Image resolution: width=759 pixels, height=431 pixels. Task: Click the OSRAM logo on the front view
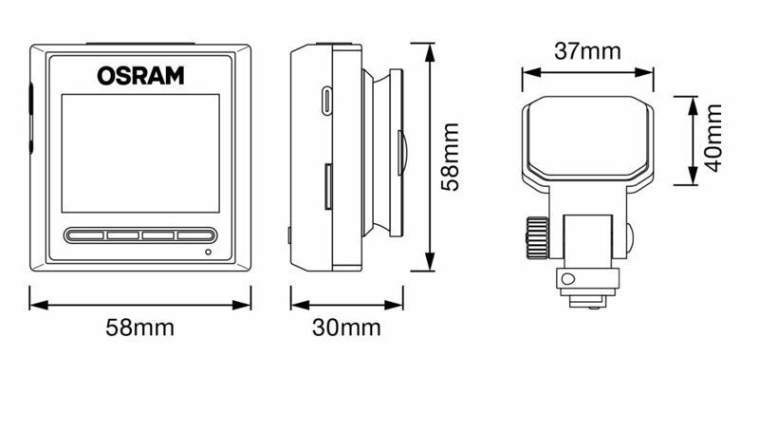tap(140, 76)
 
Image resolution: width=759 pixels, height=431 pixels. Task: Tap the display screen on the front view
tap(140, 153)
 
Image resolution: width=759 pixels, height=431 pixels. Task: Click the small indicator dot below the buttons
tap(208, 252)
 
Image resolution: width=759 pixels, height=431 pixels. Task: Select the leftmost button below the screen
tap(85, 235)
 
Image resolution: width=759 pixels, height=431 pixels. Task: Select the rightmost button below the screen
tap(195, 235)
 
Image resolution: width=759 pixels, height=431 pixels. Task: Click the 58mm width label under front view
tap(139, 328)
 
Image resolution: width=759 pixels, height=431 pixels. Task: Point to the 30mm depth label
tap(346, 328)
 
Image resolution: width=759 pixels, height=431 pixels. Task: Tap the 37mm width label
tap(587, 51)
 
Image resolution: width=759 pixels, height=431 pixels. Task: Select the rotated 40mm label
tap(713, 138)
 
